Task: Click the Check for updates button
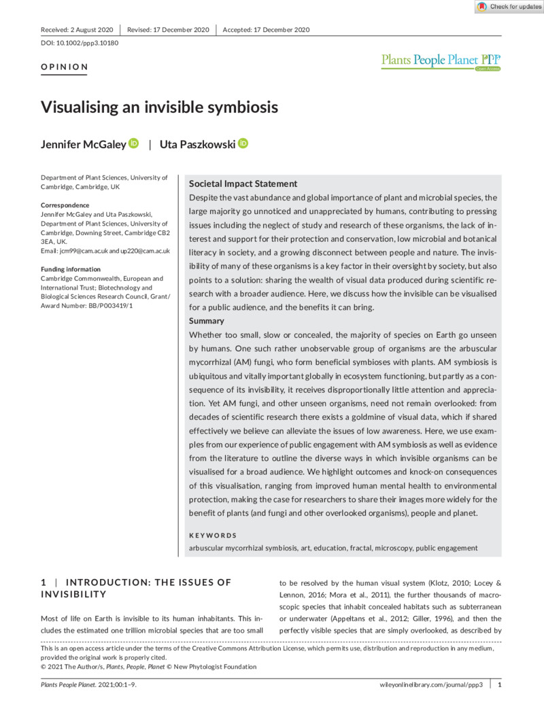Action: click(x=509, y=7)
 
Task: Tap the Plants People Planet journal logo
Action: click(x=441, y=61)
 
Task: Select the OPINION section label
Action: click(x=65, y=67)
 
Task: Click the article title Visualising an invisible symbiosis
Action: click(x=159, y=107)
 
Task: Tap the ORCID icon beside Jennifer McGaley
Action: click(x=133, y=143)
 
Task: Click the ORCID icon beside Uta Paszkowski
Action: click(x=243, y=143)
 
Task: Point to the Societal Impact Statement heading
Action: click(x=243, y=184)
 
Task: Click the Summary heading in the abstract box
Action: click(x=207, y=320)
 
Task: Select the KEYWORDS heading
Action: click(x=213, y=536)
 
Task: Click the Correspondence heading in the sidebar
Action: click(x=65, y=205)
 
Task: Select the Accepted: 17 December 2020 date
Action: click(x=267, y=30)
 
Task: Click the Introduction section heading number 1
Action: click(x=44, y=582)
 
